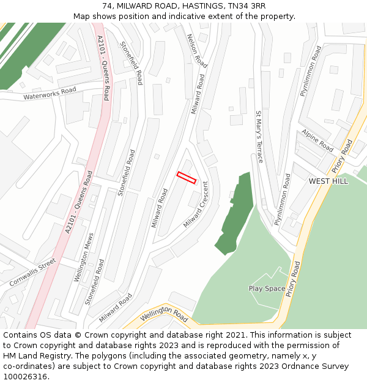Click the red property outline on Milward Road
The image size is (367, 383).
pos(187,178)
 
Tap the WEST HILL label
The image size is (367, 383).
pos(328,181)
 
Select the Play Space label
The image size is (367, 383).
pos(267,289)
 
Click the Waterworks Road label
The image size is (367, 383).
pos(50,94)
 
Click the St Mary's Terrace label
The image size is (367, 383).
pos(259,137)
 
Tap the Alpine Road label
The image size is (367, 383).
pos(317,140)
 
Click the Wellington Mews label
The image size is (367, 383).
pos(84,257)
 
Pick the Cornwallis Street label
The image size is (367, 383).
pos(32,272)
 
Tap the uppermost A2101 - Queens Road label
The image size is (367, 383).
pos(103,67)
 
